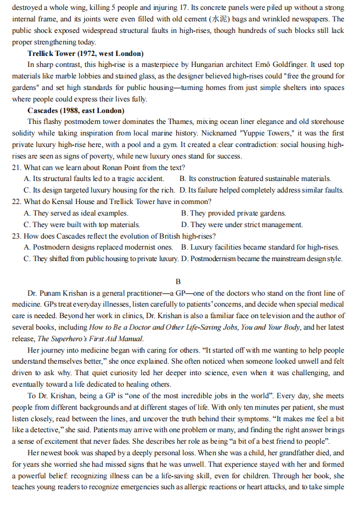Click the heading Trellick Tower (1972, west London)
tap(86, 54)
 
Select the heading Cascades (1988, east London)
tap(76, 110)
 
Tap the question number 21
tap(17, 167)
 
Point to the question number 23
tap(17, 236)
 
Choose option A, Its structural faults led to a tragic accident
tap(94, 179)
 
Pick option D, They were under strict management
tap(242, 224)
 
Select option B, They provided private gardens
tap(233, 213)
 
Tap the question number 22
tap(17, 201)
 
